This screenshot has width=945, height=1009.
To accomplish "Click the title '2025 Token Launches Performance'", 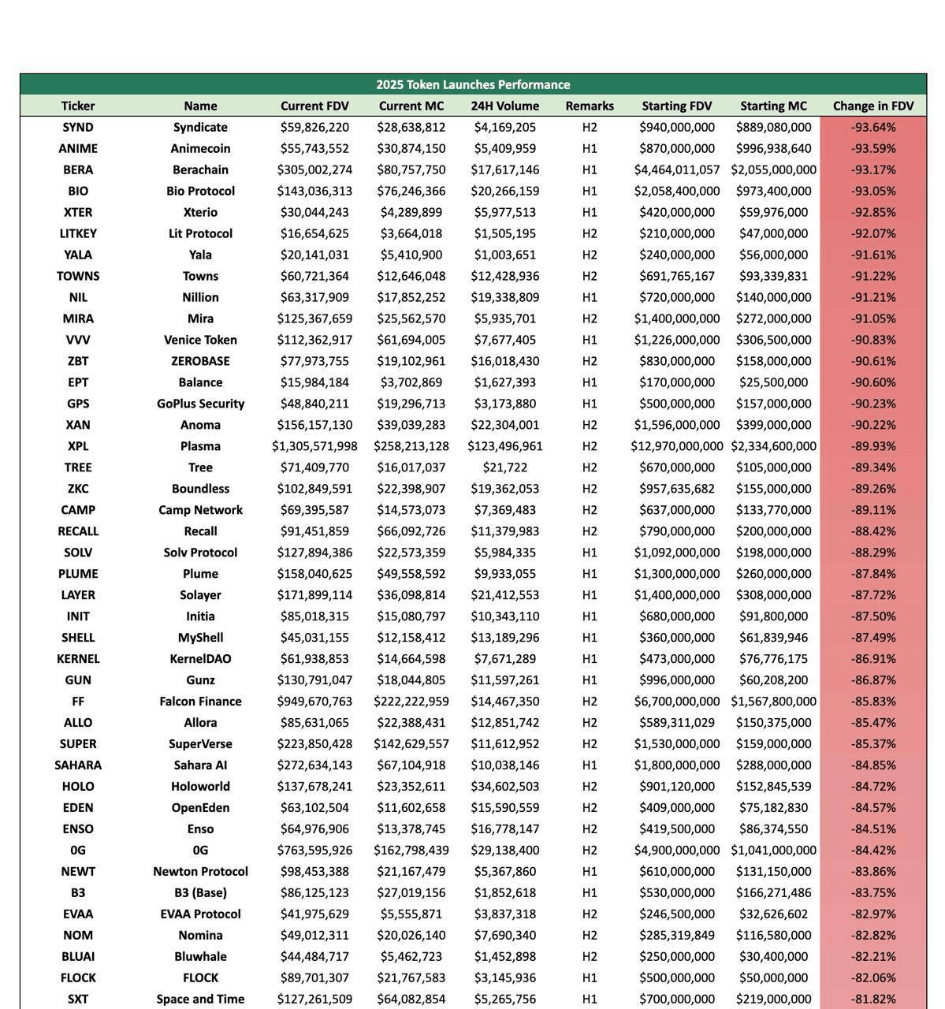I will (473, 84).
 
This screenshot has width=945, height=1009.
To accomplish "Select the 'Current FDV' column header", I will (314, 106).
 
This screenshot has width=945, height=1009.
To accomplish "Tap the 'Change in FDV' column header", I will (873, 106).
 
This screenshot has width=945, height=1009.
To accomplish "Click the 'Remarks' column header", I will (590, 106).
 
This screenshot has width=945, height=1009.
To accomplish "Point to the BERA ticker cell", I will (78, 169).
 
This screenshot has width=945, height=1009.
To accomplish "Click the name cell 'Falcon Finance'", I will (200, 702).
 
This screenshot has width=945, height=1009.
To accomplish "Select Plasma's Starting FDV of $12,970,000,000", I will (676, 446).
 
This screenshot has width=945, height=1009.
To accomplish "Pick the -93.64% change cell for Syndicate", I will (873, 127).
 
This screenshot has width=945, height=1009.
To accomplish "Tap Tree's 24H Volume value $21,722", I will (505, 467).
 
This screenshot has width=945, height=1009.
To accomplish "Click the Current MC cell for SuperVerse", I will (411, 744).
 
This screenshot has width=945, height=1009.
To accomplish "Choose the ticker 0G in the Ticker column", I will (78, 851).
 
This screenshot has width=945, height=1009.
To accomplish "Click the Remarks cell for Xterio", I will (590, 212).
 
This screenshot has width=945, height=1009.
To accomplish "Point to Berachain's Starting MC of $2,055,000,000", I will (773, 169).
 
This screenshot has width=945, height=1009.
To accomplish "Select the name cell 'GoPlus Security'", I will (200, 404).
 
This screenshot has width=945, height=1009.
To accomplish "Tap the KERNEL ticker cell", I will (78, 659).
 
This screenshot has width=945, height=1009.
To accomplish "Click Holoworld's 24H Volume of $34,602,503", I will (505, 787).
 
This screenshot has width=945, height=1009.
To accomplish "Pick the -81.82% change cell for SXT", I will (873, 999).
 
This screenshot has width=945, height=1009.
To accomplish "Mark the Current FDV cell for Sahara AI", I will (314, 765).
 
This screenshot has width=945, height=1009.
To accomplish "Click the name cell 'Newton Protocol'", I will (200, 872).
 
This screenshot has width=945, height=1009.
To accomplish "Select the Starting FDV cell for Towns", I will (676, 276).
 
